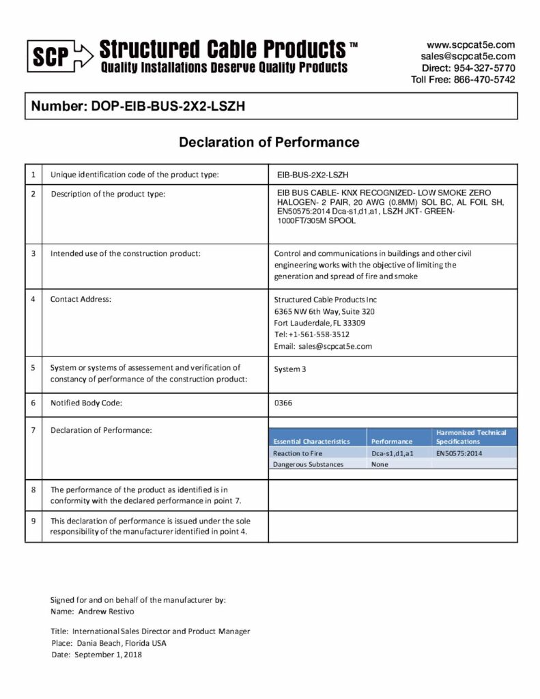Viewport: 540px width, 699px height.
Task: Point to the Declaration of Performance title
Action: click(x=269, y=143)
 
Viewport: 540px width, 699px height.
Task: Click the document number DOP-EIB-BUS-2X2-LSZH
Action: click(x=143, y=106)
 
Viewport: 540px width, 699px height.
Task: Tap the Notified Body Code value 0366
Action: click(x=283, y=403)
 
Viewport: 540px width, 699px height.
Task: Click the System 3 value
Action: click(x=290, y=369)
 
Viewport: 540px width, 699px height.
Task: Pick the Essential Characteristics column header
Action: click(x=311, y=442)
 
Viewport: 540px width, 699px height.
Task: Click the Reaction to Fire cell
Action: click(x=298, y=453)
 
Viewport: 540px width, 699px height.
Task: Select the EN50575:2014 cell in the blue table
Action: click(x=459, y=453)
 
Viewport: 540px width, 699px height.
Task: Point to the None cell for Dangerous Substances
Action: click(x=380, y=464)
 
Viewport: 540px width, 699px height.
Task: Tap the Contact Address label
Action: click(x=81, y=300)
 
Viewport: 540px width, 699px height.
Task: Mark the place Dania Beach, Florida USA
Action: click(x=119, y=643)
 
